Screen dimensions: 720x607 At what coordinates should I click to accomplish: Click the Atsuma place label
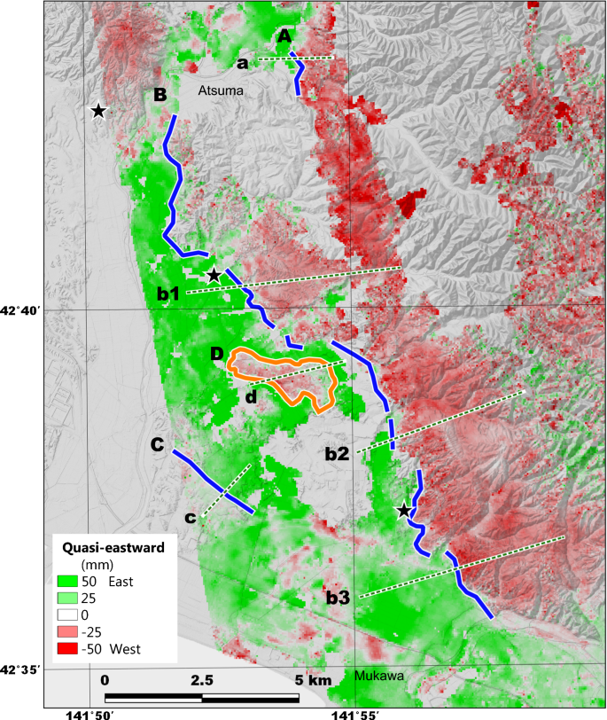(x=220, y=90)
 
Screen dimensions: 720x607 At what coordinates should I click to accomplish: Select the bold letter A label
(x=284, y=35)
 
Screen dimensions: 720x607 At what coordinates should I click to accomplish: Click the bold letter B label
(x=160, y=95)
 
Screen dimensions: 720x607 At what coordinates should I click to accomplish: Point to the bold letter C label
(x=157, y=445)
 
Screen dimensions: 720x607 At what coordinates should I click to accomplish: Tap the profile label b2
(x=337, y=454)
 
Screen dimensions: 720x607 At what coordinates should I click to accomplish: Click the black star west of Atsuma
(x=98, y=111)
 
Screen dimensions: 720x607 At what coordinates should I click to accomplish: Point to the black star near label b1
(x=214, y=276)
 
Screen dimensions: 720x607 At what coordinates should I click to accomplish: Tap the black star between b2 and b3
(x=404, y=510)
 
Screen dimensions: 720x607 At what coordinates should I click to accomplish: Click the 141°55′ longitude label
(x=356, y=712)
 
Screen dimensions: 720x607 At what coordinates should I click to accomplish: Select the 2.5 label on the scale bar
(x=202, y=679)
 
